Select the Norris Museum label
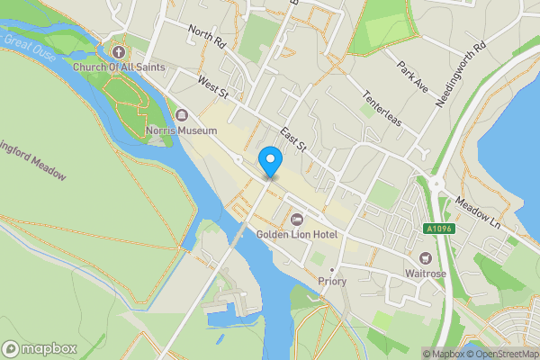(182, 130)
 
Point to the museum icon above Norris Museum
(182, 115)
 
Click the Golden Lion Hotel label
(297, 235)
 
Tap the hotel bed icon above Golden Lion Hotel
(297, 219)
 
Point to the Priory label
(332, 282)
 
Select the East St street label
(293, 138)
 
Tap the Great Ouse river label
(28, 43)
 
